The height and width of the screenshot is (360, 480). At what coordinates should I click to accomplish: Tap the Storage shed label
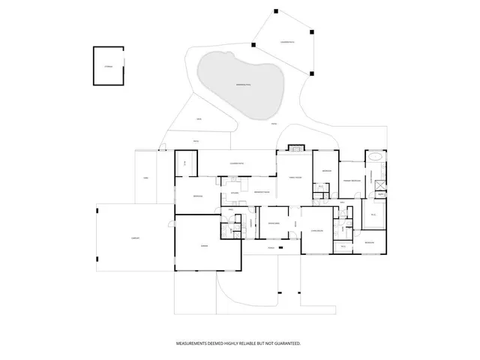point(108,67)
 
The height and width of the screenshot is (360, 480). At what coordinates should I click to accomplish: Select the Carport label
point(136,238)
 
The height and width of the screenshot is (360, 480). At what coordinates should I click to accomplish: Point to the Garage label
point(204,246)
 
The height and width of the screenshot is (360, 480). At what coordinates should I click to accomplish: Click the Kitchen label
point(235,193)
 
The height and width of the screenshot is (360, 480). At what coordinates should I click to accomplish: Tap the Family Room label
point(295,177)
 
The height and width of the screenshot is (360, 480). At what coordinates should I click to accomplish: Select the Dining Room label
point(274,223)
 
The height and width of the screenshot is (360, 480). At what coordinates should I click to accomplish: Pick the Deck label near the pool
point(199,119)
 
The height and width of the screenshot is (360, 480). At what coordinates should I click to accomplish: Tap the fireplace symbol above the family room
point(295,148)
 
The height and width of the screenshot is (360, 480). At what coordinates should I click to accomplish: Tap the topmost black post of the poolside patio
point(274,10)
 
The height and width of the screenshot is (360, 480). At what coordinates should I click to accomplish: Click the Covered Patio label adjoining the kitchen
point(239,163)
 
